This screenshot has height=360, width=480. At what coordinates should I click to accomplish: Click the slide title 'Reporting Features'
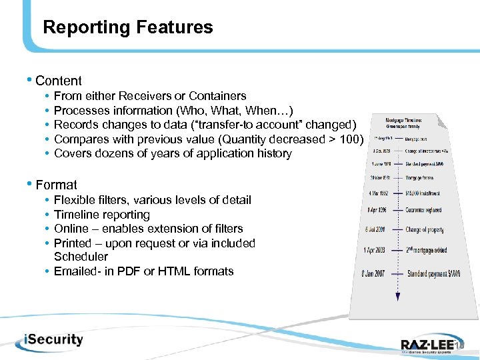point(127,27)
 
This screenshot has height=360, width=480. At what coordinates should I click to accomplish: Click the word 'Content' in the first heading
point(59,81)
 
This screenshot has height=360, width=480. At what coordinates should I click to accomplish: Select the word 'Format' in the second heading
point(56,185)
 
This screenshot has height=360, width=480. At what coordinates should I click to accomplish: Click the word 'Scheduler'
point(81,257)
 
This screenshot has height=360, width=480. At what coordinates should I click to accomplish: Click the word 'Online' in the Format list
point(72,229)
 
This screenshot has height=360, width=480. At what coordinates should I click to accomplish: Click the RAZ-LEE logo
point(430,345)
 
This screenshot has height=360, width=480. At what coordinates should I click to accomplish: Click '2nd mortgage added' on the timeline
point(426,251)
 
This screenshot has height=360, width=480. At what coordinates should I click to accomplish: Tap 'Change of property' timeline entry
point(425,230)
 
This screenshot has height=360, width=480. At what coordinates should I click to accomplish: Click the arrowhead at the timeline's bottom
point(397,297)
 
